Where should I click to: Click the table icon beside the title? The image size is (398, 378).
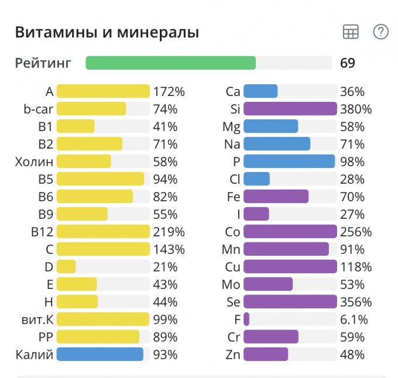point(351,33)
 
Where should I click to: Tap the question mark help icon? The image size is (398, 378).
point(381,32)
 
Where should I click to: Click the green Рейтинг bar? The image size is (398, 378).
point(171,63)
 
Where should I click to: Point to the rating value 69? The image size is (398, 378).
point(348,63)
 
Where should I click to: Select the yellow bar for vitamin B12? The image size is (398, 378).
point(103,232)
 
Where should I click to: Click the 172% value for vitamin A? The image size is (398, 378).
point(169,91)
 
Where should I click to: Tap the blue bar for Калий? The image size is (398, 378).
point(99,355)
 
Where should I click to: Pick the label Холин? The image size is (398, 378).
point(34,161)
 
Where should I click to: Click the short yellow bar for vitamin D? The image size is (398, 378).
point(66,267)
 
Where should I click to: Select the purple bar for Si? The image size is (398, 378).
point(290,109)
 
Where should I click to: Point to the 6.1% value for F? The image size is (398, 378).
point(354,319)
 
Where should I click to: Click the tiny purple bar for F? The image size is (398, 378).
point(246,319)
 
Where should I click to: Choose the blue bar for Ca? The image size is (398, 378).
point(260,91)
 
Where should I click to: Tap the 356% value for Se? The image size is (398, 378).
point(356,302)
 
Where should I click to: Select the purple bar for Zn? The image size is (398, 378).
point(266,355)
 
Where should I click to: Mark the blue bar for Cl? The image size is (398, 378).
point(256,179)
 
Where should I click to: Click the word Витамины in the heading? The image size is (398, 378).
point(50,32)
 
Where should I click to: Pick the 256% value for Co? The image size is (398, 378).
point(356,232)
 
